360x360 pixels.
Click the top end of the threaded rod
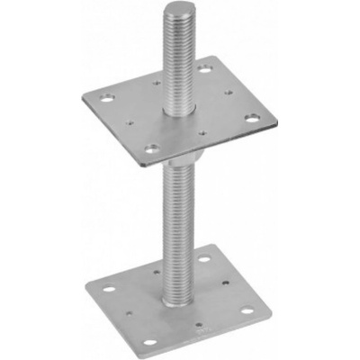point(174,10)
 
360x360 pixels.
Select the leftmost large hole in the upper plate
point(108,94)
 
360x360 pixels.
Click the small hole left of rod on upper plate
point(135,102)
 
